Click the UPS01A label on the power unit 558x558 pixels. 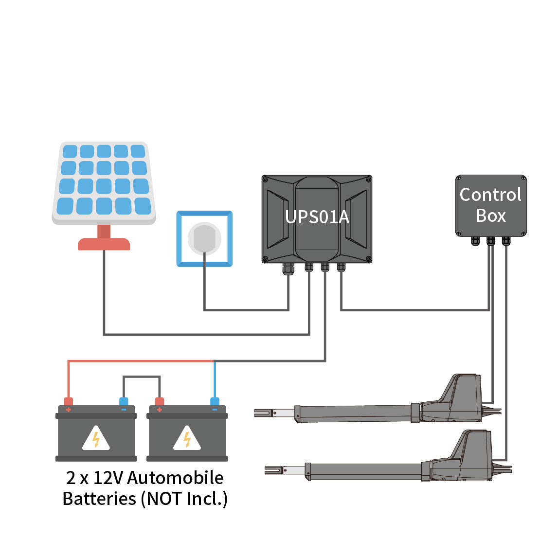coord(317,216)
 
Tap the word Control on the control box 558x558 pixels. coord(490,195)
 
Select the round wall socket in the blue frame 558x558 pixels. coord(204,238)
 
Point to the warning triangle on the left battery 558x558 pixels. coord(96,438)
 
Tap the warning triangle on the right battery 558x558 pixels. coord(187,438)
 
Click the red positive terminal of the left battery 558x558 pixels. coord(68,401)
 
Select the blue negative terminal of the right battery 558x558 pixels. coord(215,401)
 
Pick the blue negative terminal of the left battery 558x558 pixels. coord(124,401)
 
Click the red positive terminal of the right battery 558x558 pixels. coord(160,401)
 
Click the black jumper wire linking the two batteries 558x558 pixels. coord(142,377)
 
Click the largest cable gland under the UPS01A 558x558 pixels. coord(288,269)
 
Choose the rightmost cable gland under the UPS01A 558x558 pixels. coord(341,267)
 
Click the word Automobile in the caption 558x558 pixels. coord(175,478)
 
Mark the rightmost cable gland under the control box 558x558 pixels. coord(506,241)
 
